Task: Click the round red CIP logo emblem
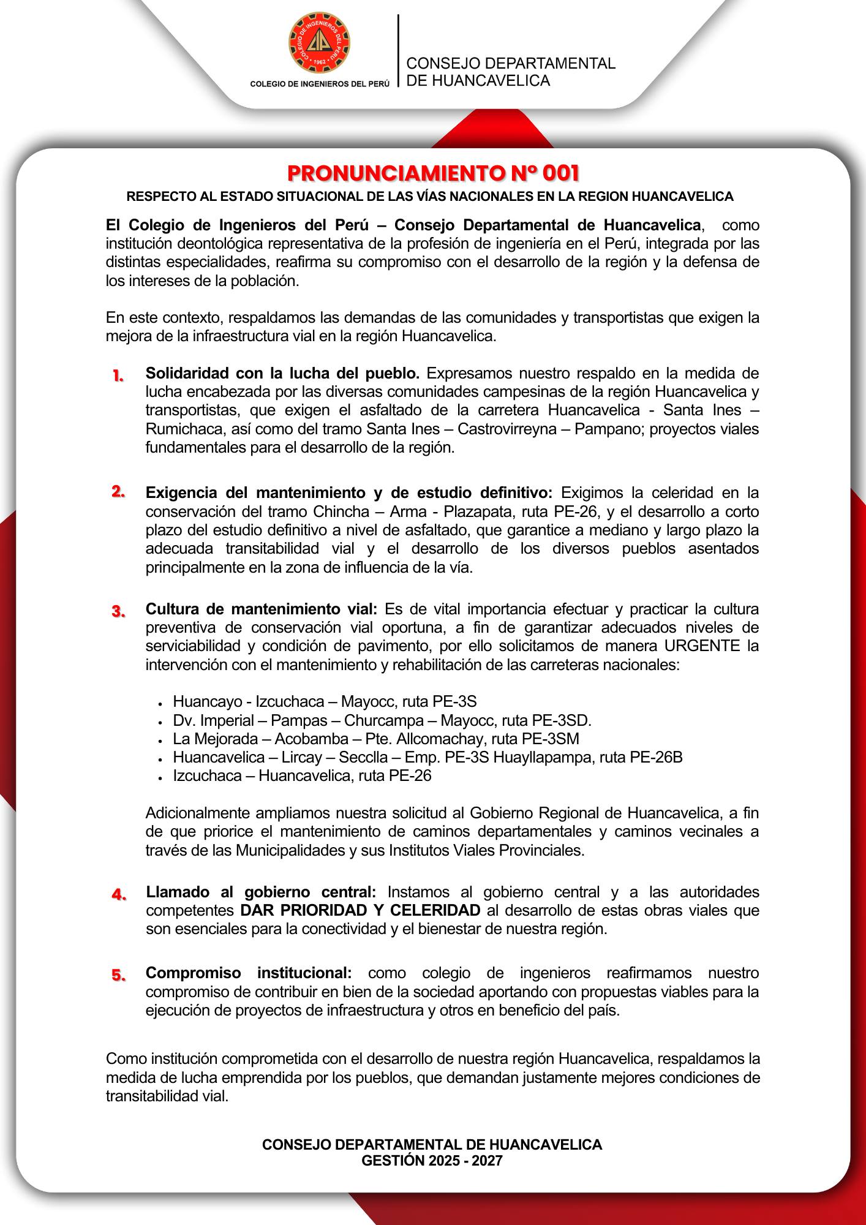[x=320, y=42]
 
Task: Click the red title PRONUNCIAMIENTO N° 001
[x=433, y=173]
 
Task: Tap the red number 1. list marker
[x=118, y=375]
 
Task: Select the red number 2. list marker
[x=118, y=492]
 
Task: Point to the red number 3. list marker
[x=118, y=611]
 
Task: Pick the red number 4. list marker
[x=119, y=894]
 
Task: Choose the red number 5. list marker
[x=119, y=975]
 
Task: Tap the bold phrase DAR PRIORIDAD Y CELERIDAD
[x=360, y=910]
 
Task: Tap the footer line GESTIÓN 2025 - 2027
[x=432, y=1160]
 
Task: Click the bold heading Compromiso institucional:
[x=249, y=973]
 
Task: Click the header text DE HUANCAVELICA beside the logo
[x=478, y=81]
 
